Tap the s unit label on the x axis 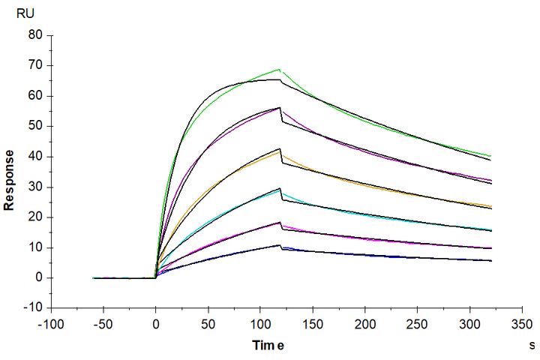pos(529,346)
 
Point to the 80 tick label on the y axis pos(34,34)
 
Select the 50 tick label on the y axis pos(34,126)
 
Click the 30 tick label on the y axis pos(34,187)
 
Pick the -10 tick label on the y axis pos(32,308)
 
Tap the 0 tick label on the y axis pos(38,278)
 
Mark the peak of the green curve pos(279,69)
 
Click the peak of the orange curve pos(280,153)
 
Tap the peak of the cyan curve pos(280,192)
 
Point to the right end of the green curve pos(491,156)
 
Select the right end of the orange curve pos(491,206)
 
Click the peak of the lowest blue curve pos(280,245)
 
